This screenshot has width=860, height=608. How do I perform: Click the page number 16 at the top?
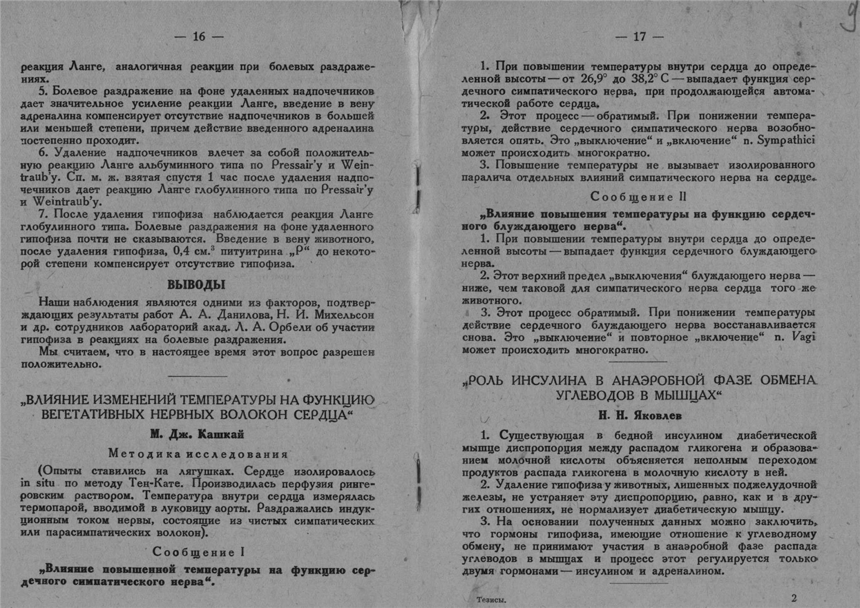click(199, 37)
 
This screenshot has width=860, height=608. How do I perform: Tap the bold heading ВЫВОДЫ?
click(198, 284)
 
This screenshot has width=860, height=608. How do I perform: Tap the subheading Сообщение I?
click(198, 552)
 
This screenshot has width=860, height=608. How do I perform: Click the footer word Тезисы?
click(492, 600)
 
